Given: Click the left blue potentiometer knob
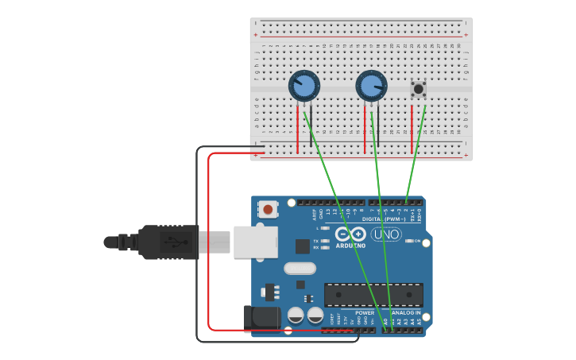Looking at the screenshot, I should click(303, 85).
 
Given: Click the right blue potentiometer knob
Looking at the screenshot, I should click(370, 85).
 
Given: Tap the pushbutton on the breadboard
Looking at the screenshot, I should click(418, 89).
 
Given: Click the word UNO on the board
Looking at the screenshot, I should click(386, 234).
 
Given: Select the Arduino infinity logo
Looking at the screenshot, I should click(350, 234).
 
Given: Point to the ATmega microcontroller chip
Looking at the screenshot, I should click(373, 294).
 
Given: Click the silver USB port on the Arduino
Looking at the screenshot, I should click(255, 242).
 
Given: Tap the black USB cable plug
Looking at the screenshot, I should click(167, 242).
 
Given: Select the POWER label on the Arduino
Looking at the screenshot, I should click(365, 312).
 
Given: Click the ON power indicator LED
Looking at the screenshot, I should click(408, 241).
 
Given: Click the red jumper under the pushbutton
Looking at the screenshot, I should click(412, 129).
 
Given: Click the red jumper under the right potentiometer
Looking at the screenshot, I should click(365, 129).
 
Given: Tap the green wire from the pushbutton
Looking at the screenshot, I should click(417, 151).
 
